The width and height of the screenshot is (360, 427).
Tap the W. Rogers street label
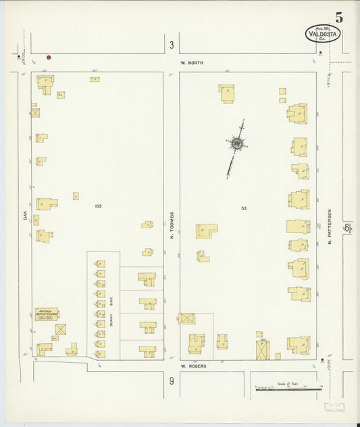[x=192, y=366]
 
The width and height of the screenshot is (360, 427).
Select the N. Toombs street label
[x=172, y=226]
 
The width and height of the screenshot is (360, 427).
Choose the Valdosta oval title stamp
[x=322, y=33]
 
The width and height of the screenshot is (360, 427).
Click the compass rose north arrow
[x=237, y=144]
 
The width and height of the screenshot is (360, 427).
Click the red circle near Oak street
[x=49, y=58]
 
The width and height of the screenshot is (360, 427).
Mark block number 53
[x=243, y=208]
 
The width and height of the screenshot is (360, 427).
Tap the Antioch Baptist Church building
[x=47, y=313]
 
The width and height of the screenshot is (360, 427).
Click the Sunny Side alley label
[x=111, y=311]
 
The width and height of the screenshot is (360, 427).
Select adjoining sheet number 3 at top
[x=172, y=45]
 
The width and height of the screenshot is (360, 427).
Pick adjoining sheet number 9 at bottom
[x=172, y=382]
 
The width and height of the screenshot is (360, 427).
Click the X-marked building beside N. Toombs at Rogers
[x=187, y=318]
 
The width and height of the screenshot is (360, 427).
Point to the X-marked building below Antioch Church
[x=61, y=329]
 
